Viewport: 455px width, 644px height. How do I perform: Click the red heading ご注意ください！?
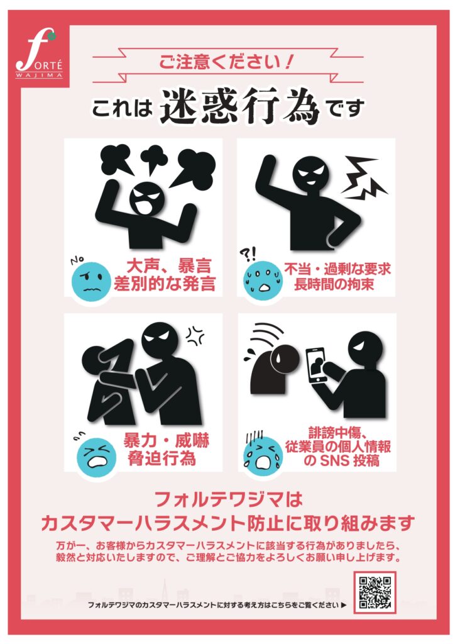click(x=227, y=62)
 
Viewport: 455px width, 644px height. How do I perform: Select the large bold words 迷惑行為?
click(x=240, y=107)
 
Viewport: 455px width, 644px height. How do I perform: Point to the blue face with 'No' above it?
click(x=91, y=281)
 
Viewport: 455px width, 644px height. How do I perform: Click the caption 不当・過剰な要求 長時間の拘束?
click(x=337, y=277)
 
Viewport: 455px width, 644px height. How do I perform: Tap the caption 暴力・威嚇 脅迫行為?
click(x=165, y=449)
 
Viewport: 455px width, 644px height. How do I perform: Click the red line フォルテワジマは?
click(x=229, y=499)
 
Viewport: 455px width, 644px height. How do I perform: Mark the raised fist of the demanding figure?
click(x=270, y=164)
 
